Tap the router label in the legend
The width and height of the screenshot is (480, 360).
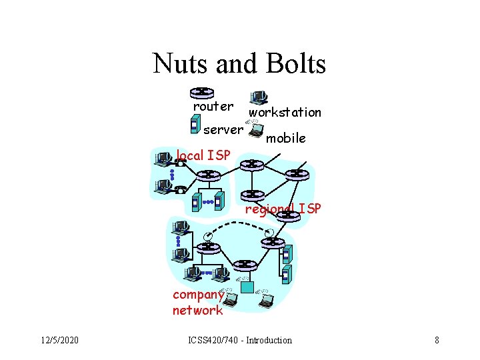pyautogui.click(x=213, y=107)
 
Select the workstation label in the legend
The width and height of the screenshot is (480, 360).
pyautogui.click(x=285, y=113)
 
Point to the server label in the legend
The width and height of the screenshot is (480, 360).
pyautogui.click(x=223, y=129)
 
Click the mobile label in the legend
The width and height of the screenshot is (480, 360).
pyautogui.click(x=285, y=139)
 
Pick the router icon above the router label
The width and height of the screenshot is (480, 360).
pyautogui.click(x=203, y=93)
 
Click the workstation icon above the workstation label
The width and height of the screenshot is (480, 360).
pyautogui.click(x=257, y=99)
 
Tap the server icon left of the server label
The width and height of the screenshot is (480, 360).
pyautogui.click(x=194, y=124)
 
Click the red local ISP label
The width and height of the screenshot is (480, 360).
pyautogui.click(x=203, y=156)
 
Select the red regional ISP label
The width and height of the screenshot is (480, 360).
pyautogui.click(x=283, y=209)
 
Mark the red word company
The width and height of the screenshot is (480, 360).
pyautogui.click(x=197, y=295)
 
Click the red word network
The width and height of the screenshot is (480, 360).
pyautogui.click(x=197, y=310)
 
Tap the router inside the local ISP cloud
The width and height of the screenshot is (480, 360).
pyautogui.click(x=208, y=175)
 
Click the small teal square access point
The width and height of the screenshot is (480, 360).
pyautogui.click(x=247, y=287)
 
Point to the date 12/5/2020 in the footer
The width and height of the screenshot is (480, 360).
pyautogui.click(x=58, y=340)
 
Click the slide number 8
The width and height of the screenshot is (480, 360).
pyautogui.click(x=437, y=340)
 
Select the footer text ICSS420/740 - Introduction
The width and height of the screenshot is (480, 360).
pyautogui.click(x=239, y=340)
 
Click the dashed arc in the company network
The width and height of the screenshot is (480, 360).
pyautogui.click(x=240, y=223)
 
